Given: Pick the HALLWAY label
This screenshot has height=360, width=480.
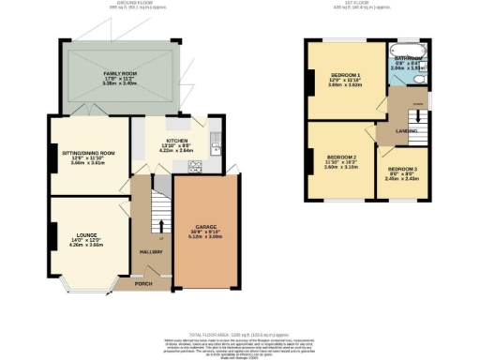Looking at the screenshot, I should (151, 252).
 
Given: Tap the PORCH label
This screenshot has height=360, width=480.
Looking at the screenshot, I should (143, 283).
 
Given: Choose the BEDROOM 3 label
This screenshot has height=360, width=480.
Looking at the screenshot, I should (404, 171).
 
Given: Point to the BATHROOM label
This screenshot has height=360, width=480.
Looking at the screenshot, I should (408, 58).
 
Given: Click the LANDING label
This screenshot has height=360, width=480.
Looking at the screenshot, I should (406, 130).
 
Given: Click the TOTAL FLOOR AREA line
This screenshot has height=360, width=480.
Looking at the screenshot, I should (238, 335).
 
